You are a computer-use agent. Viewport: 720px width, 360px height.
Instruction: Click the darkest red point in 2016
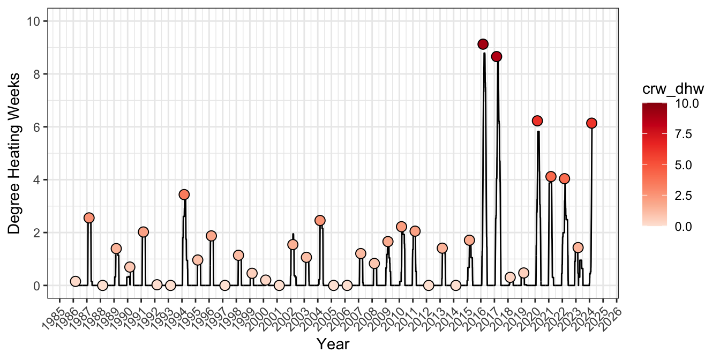pyautogui.click(x=483, y=44)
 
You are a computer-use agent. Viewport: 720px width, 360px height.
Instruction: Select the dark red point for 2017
pyautogui.click(x=497, y=56)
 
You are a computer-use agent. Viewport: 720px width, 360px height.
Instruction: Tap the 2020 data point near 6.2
pyautogui.click(x=537, y=121)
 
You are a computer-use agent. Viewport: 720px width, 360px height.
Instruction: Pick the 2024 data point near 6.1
pyautogui.click(x=591, y=123)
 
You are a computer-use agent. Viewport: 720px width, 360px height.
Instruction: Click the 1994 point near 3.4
pyautogui.click(x=184, y=194)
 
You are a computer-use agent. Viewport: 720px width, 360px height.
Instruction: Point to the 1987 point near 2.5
pyautogui.click(x=89, y=218)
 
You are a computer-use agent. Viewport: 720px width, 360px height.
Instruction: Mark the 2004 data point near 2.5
pyautogui.click(x=320, y=220)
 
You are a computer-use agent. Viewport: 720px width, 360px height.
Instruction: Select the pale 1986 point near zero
pyautogui.click(x=76, y=281)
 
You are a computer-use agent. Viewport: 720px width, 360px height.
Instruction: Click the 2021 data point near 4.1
pyautogui.click(x=551, y=177)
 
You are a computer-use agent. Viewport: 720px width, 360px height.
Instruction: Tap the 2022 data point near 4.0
pyautogui.click(x=564, y=178)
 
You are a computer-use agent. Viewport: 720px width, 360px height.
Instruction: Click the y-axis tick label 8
pyautogui.click(x=36, y=74)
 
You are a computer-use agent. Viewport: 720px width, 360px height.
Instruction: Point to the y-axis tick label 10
pyautogui.click(x=34, y=21)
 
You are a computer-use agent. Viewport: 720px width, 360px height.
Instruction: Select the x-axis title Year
pyautogui.click(x=333, y=344)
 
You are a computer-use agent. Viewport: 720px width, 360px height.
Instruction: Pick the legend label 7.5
pyautogui.click(x=684, y=134)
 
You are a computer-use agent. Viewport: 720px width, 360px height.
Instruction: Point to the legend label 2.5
pyautogui.click(x=684, y=196)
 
